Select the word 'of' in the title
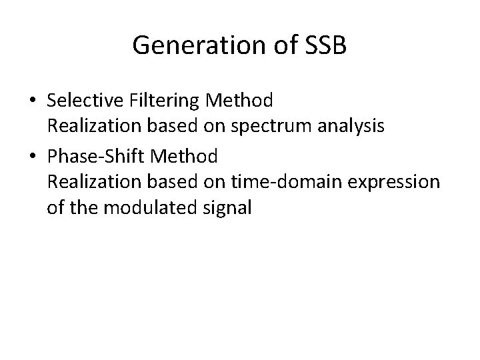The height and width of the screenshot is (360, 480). (x=271, y=45)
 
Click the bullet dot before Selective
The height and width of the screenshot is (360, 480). (x=33, y=101)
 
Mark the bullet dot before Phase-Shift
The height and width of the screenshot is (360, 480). (x=33, y=157)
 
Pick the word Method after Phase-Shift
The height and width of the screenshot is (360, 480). (x=188, y=157)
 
